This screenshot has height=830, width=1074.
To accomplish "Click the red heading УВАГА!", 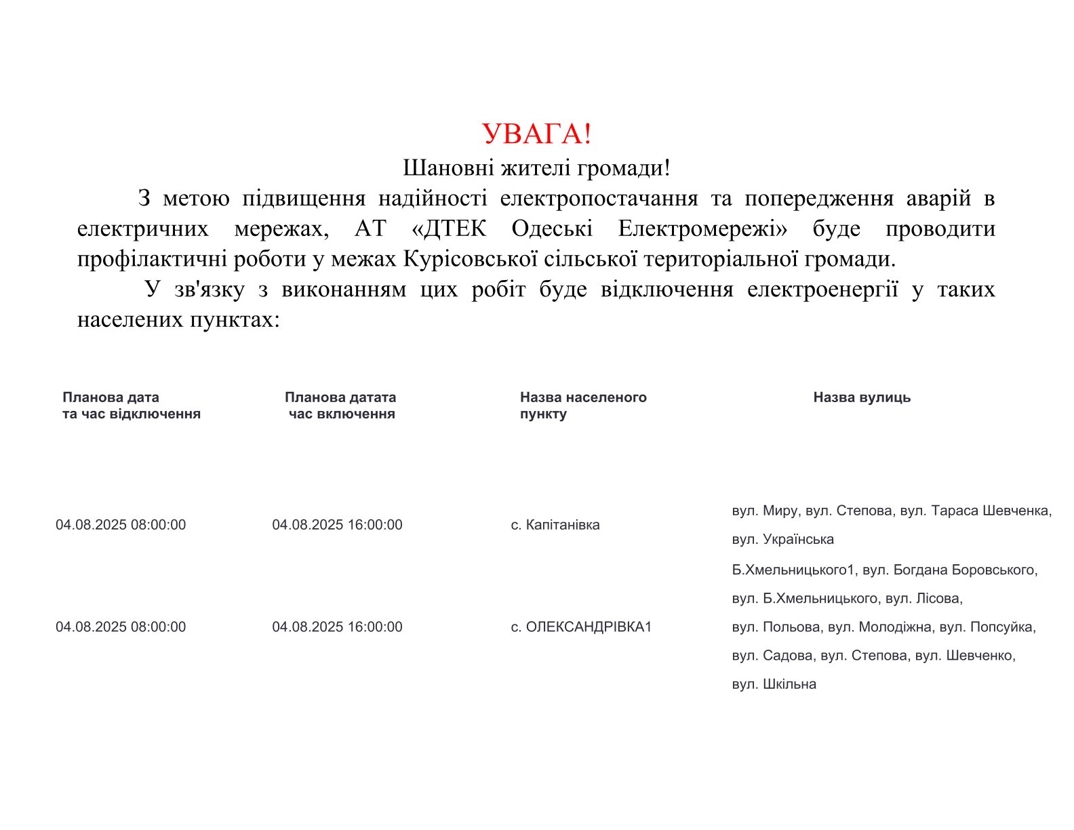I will pos(536,134).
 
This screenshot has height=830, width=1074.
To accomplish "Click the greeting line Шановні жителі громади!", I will pos(536,167).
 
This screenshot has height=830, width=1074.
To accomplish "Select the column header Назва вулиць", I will pos(862,397).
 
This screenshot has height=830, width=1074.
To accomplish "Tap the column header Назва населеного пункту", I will pos(582,406).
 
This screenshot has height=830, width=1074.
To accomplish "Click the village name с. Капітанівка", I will pos(555,525).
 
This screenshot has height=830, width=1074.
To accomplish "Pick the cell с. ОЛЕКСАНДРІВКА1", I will pos(581,627).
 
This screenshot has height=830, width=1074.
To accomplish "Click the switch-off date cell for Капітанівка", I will pos(121,525).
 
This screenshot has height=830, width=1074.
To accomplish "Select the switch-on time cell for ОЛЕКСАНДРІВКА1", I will pos(337,627).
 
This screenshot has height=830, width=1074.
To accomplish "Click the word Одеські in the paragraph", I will pos(552,229).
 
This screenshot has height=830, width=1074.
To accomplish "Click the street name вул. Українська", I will pos(783,540).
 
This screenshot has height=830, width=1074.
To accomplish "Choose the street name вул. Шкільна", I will pos(774,684).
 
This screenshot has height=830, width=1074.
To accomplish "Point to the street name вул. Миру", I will pos(765,511).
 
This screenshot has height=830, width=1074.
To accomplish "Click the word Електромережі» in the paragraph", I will pos(702,229).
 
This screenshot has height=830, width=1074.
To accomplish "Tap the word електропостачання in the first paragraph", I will pos(599,199).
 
